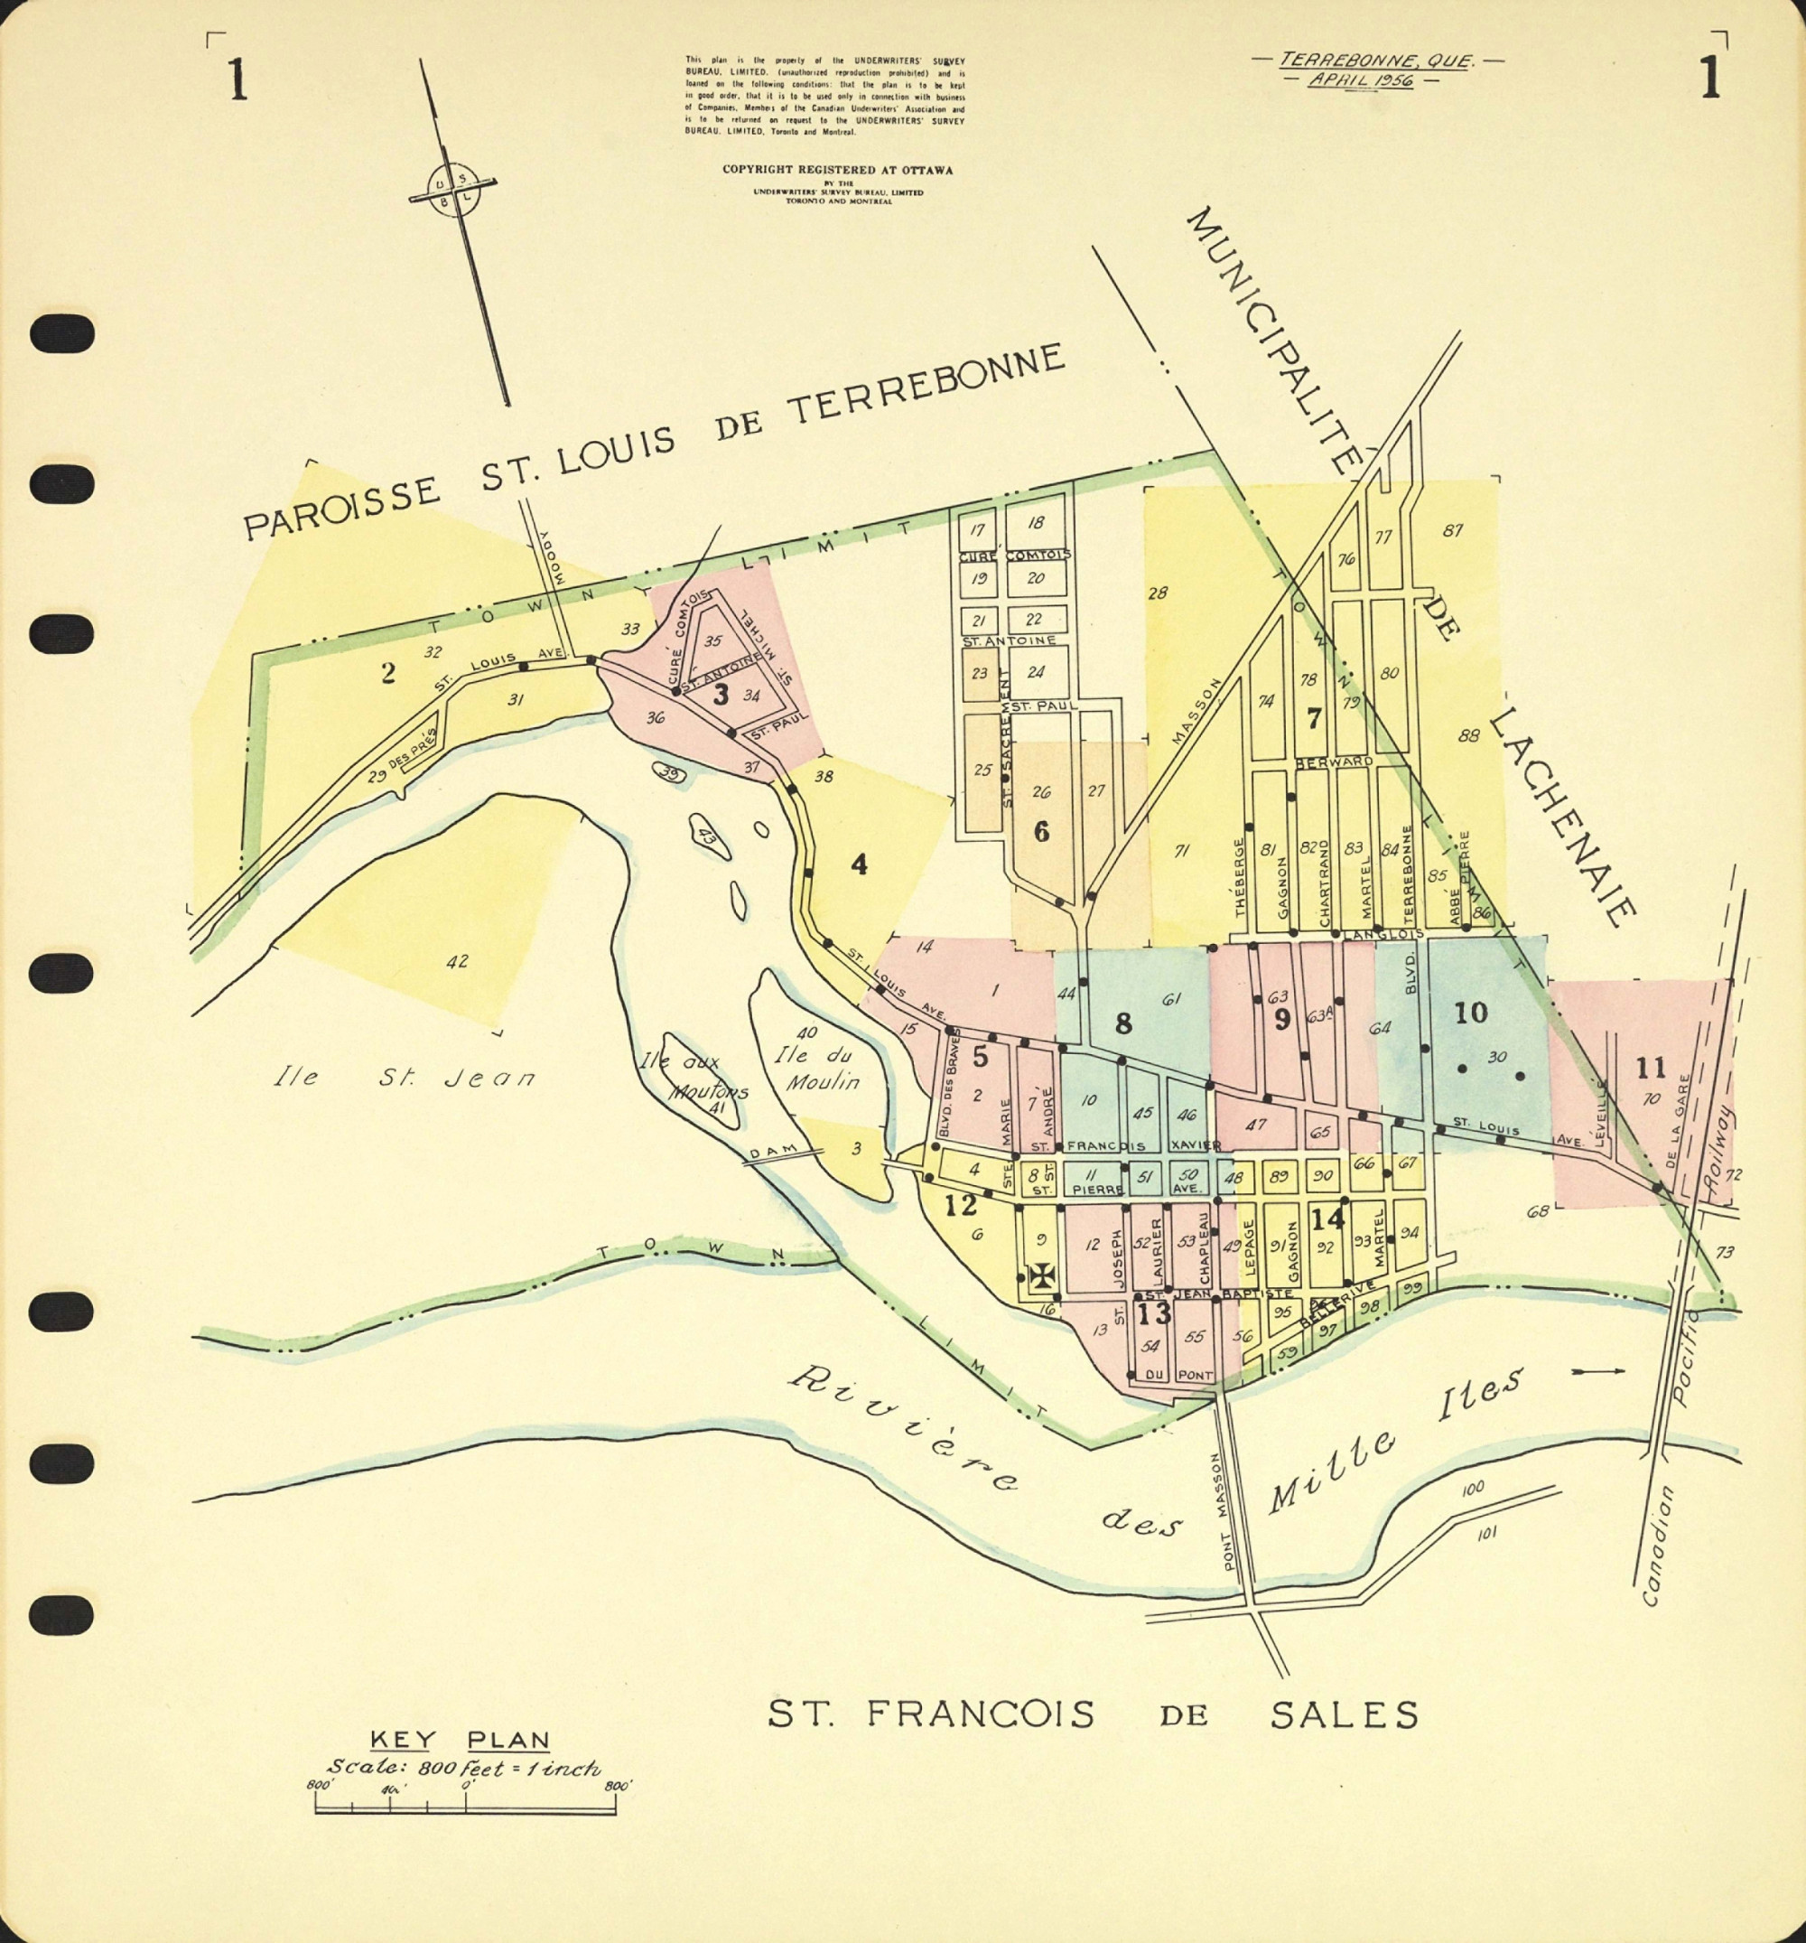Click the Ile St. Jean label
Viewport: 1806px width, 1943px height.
pyautogui.click(x=404, y=1078)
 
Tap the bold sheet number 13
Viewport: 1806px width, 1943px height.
pyautogui.click(x=1153, y=1313)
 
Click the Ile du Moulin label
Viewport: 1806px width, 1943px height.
pyautogui.click(x=817, y=1069)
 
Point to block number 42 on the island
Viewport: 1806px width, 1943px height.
pyautogui.click(x=456, y=962)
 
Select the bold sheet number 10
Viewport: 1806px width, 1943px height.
pyautogui.click(x=1470, y=1013)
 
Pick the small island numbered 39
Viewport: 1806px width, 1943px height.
pyautogui.click(x=668, y=774)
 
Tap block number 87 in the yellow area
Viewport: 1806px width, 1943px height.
pyautogui.click(x=1452, y=531)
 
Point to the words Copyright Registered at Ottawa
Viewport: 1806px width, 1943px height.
pyautogui.click(x=836, y=169)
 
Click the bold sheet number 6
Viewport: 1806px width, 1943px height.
pyautogui.click(x=1042, y=832)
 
